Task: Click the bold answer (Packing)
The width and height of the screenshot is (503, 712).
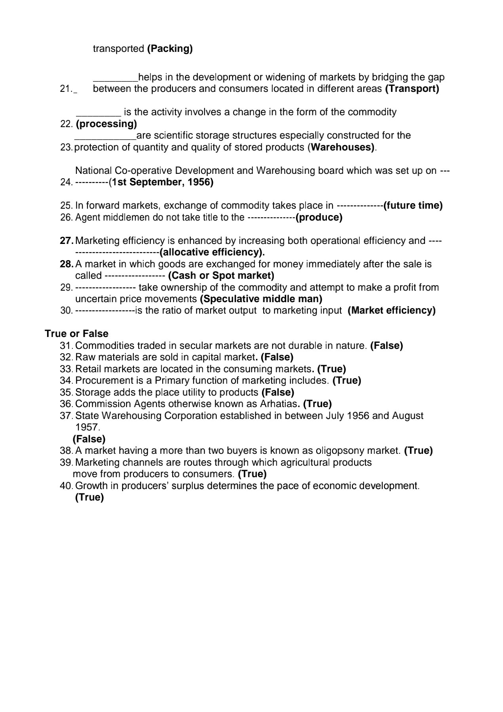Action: pyautogui.click(x=170, y=49)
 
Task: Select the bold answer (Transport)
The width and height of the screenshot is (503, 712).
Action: pyautogui.click(x=412, y=89)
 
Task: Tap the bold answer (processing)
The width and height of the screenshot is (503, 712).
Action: pyautogui.click(x=106, y=124)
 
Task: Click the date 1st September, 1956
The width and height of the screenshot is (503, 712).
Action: pyautogui.click(x=162, y=182)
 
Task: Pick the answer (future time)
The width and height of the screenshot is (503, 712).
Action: pyautogui.click(x=413, y=206)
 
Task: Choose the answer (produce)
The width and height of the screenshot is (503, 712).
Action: pyautogui.click(x=319, y=217)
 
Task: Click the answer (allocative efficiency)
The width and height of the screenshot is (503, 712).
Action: pyautogui.click(x=212, y=252)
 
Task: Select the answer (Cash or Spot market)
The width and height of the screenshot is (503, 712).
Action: pyautogui.click(x=221, y=276)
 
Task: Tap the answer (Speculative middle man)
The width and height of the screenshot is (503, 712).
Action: pyautogui.click(x=261, y=299)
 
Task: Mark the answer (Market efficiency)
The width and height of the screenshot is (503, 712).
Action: pyautogui.click(x=391, y=310)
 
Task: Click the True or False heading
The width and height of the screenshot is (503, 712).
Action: pyautogui.click(x=76, y=333)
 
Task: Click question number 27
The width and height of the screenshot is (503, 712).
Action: pyautogui.click(x=66, y=241)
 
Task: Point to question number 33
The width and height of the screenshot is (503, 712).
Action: pyautogui.click(x=66, y=369)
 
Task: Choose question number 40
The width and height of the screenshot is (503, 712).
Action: pyautogui.click(x=66, y=486)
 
